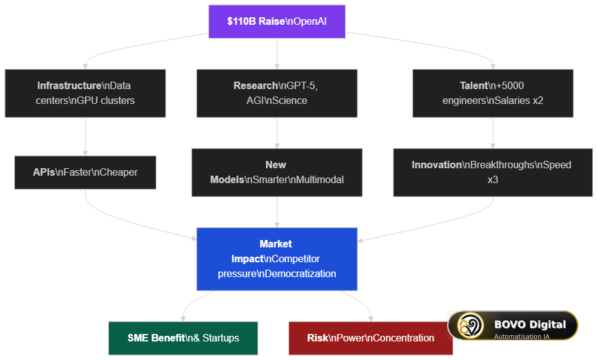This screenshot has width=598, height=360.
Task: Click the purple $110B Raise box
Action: [x=277, y=22]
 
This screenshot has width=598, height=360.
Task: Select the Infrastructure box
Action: [x=85, y=93]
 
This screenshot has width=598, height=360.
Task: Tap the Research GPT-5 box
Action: [x=277, y=93]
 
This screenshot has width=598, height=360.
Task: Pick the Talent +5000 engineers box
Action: [x=493, y=93]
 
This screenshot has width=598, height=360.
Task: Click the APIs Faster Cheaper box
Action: [x=85, y=173]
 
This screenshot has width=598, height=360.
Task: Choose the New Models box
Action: [x=277, y=173]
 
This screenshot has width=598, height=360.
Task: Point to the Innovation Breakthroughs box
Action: [x=493, y=173]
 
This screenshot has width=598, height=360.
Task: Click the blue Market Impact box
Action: [x=277, y=259]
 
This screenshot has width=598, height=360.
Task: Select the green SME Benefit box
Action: [x=183, y=338]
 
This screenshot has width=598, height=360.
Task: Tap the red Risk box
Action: [x=370, y=338]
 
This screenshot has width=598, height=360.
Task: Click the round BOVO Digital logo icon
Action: [x=470, y=325]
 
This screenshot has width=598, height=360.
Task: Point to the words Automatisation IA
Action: [x=522, y=336]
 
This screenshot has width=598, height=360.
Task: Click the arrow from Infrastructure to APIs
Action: [x=85, y=137]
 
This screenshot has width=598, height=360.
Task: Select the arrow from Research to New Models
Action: [x=277, y=133]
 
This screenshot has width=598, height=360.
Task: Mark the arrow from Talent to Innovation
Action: [x=493, y=133]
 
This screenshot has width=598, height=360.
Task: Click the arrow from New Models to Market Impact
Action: [x=277, y=212]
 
